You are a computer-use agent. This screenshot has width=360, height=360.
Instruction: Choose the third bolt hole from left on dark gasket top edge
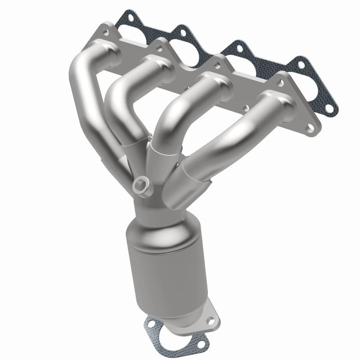coord(235,46)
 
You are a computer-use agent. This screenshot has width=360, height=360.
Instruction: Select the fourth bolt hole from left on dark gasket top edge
coord(297,63)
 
